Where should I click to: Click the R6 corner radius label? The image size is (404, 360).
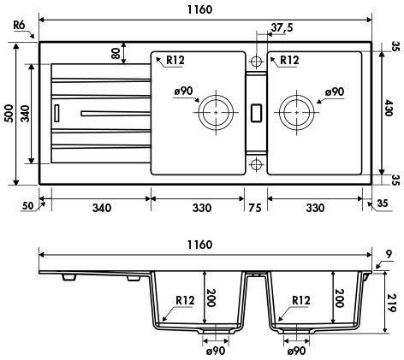click(19, 25)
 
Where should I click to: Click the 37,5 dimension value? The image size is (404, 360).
click(282, 27)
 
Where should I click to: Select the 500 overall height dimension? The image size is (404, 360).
click(9, 114)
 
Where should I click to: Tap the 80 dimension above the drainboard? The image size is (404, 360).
click(116, 53)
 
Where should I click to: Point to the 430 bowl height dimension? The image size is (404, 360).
click(388, 108)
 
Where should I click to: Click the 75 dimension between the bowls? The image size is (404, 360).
click(255, 208)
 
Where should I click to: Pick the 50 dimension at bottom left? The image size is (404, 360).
click(27, 205)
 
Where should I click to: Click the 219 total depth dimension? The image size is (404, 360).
click(391, 303)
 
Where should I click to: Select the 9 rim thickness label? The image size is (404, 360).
click(389, 254)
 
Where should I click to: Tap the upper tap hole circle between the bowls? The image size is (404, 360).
click(256, 62)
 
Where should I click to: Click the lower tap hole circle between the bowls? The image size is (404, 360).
click(256, 164)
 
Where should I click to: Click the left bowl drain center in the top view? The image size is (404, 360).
click(216, 112)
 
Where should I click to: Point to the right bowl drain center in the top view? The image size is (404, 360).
click(297, 112)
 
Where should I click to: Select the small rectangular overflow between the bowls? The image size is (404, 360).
click(256, 113)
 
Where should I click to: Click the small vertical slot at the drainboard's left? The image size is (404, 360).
click(56, 113)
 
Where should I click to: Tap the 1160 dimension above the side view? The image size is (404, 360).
click(200, 245)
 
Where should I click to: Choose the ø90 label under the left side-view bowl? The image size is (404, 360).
click(216, 351)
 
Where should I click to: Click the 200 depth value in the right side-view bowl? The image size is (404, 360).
click(339, 298)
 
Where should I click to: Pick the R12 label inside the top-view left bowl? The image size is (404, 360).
click(175, 60)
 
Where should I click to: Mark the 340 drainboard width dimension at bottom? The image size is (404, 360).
click(102, 208)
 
